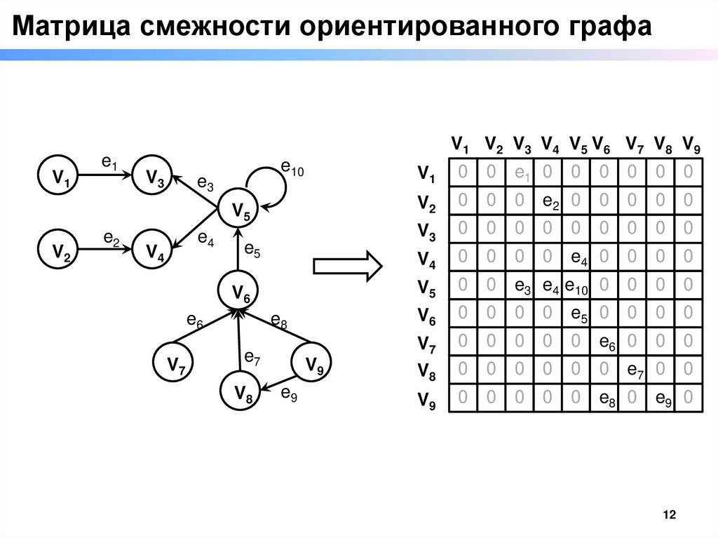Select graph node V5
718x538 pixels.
pyautogui.click(x=240, y=210)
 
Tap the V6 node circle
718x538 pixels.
pyautogui.click(x=240, y=292)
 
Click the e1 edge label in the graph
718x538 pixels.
pyautogui.click(x=109, y=163)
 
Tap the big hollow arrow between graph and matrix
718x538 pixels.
pyautogui.click(x=347, y=265)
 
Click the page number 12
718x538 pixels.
pyautogui.click(x=669, y=516)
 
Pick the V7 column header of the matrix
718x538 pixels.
pyautogui.click(x=635, y=146)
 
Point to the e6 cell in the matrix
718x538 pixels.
pyautogui.click(x=607, y=343)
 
